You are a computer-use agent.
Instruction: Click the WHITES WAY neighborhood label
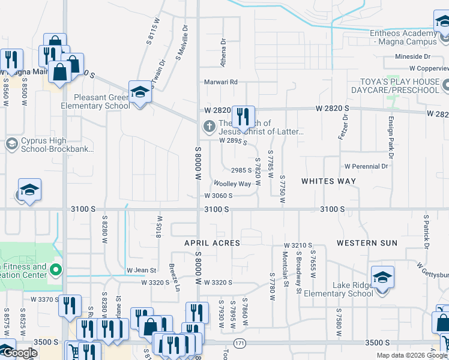pyautogui.click(x=328, y=181)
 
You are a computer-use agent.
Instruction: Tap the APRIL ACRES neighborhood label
pyautogui.click(x=212, y=243)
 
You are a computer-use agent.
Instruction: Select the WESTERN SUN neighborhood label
pyautogui.click(x=367, y=243)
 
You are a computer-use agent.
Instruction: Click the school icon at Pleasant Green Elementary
pyautogui.click(x=140, y=92)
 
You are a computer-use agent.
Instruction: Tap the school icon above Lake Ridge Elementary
pyautogui.click(x=382, y=277)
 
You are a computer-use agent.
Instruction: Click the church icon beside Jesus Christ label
pyautogui.click(x=208, y=126)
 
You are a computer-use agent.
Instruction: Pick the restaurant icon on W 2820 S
pyautogui.click(x=243, y=116)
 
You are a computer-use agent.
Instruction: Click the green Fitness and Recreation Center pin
pyautogui.click(x=56, y=269)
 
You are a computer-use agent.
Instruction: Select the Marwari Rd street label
pyautogui.click(x=221, y=82)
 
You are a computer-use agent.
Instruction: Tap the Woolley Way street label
pyautogui.click(x=232, y=184)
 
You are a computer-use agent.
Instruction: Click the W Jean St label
pyautogui.click(x=141, y=271)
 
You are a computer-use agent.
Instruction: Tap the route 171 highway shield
pyautogui.click(x=240, y=343)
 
